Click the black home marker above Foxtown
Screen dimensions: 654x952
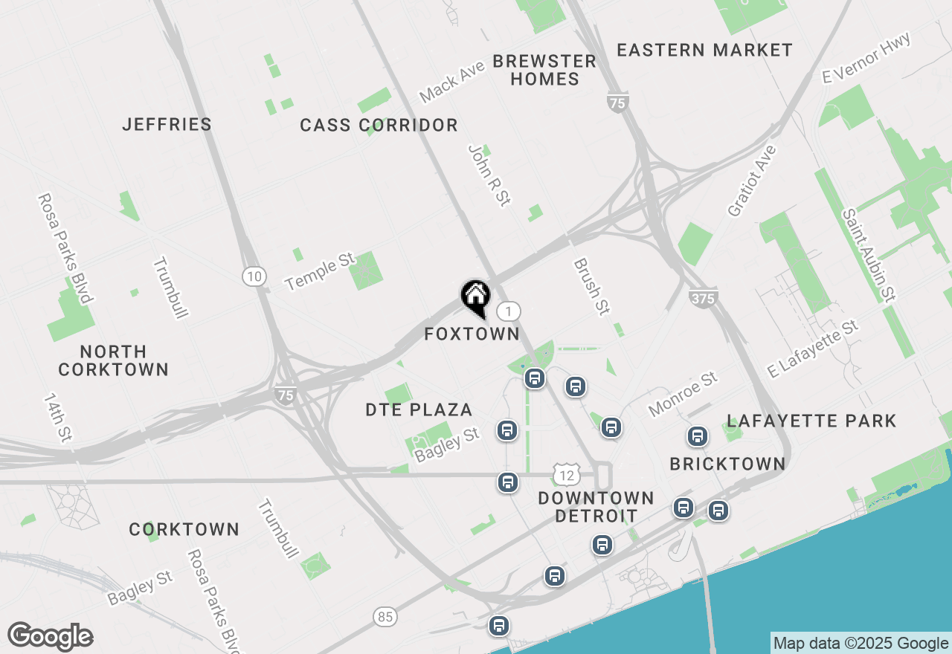tap(475, 297)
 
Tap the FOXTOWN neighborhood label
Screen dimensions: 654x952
tap(472, 334)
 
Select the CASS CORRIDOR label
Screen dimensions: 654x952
tap(379, 126)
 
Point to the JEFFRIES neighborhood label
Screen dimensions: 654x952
tap(167, 124)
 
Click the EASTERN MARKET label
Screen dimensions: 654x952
tap(704, 51)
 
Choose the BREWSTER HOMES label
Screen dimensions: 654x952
tap(545, 70)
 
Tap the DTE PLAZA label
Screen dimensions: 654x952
tap(419, 409)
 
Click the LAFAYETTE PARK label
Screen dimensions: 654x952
tap(811, 421)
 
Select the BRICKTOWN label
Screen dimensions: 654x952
tap(727, 464)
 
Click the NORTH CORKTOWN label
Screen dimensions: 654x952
tap(114, 360)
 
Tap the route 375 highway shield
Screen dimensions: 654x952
tap(703, 298)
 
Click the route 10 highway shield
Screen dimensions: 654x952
tap(254, 276)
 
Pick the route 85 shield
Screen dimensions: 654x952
tap(385, 616)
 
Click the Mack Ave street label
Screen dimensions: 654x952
tap(451, 82)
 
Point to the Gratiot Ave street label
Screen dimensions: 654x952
tap(752, 181)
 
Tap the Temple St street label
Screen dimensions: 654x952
tap(320, 271)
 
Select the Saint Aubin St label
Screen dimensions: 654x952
tap(866, 255)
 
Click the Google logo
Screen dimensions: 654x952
tap(51, 636)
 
